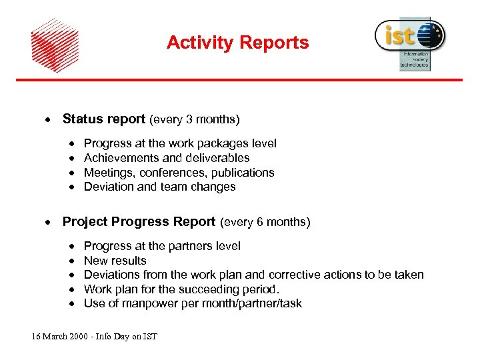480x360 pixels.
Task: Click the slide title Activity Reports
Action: (x=237, y=43)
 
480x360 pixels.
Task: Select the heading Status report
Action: (x=103, y=119)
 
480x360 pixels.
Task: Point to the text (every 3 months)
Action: (x=194, y=120)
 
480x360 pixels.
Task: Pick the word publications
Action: (x=242, y=173)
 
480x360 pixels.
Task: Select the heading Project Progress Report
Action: (x=139, y=222)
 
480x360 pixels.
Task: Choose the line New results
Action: (x=115, y=261)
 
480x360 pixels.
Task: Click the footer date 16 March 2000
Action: (x=65, y=337)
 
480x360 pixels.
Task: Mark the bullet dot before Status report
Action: (x=47, y=120)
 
